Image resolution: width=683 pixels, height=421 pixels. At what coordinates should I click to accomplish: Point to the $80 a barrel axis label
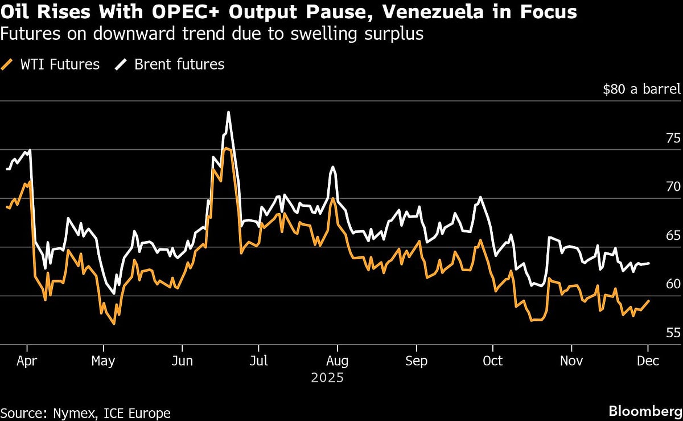point(641,89)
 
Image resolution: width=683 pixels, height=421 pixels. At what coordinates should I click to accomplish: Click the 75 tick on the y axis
point(673,138)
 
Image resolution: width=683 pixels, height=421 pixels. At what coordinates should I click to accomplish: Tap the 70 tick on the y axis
point(673,187)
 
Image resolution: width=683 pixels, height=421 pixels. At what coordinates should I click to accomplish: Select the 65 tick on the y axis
point(673,236)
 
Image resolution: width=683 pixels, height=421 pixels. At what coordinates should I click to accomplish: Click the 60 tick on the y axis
point(673,284)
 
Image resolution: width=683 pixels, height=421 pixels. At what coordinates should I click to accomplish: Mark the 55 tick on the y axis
point(673,333)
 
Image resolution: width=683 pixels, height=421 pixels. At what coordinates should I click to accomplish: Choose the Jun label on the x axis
point(182,361)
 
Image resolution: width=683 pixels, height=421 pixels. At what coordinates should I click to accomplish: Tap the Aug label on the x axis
point(338,361)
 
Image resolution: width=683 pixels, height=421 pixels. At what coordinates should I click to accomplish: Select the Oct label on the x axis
point(493,361)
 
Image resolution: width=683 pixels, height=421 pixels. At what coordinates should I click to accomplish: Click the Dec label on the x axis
point(648,361)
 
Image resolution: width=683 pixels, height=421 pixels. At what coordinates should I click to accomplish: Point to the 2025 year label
point(327,378)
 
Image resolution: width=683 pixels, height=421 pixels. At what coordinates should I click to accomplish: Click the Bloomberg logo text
point(645,411)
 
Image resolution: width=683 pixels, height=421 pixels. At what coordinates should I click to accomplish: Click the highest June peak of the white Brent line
point(228,112)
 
